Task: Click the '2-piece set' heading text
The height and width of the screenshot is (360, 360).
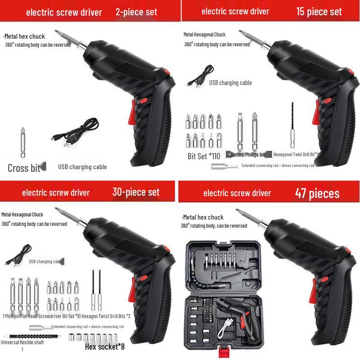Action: pos(136,12)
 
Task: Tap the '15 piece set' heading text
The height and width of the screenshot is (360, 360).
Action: pos(319,12)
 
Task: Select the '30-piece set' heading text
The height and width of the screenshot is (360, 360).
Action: pos(136,192)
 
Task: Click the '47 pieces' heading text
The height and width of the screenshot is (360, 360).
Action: pos(317,193)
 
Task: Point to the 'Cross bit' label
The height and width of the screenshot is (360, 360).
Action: pos(23,168)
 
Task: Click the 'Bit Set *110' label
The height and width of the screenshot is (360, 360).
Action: pos(204,157)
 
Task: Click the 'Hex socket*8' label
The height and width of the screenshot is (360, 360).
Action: pos(104,346)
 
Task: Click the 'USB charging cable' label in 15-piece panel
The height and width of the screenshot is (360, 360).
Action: pos(230,83)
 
